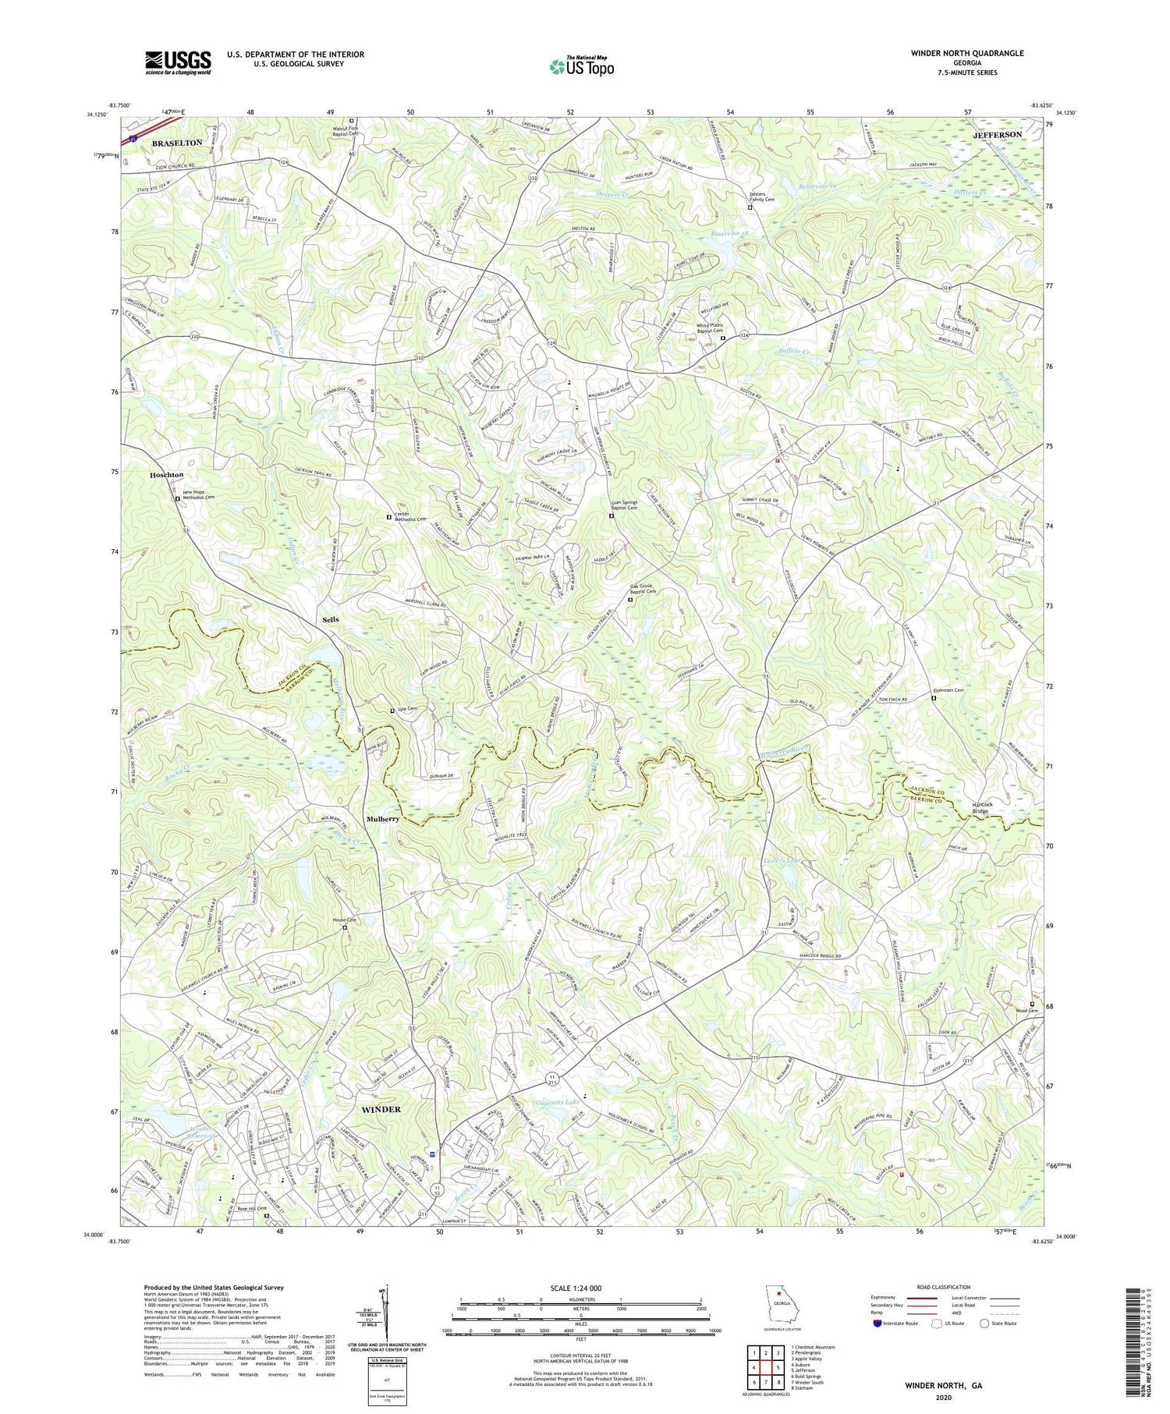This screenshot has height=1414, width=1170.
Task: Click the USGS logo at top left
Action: [178, 62]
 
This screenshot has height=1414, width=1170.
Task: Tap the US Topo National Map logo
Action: [582, 66]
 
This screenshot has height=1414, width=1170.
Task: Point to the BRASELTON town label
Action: [176, 143]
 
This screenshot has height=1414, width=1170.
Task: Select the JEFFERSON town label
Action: [997, 135]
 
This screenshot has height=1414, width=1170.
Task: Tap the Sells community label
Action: [330, 619]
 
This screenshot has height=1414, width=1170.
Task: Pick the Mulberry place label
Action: [383, 820]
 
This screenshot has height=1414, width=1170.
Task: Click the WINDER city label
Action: [381, 1109]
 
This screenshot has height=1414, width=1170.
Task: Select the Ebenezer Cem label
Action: [948, 691]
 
